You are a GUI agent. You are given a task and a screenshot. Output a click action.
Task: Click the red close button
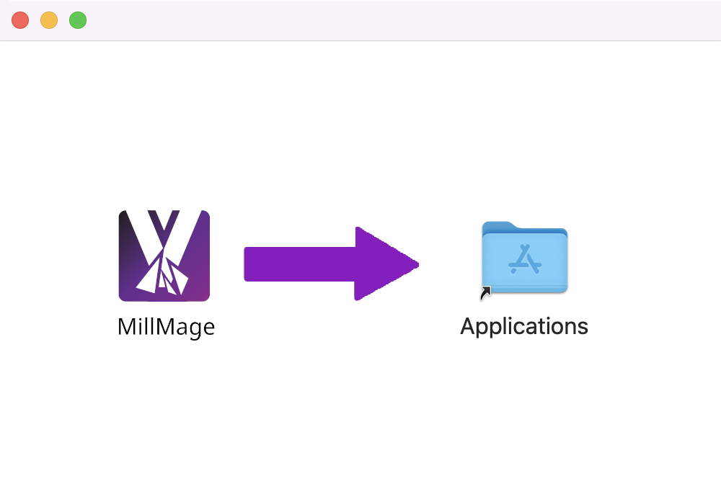(x=20, y=20)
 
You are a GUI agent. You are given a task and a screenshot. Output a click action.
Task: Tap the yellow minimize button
(x=49, y=20)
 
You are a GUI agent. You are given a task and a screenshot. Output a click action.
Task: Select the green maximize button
(x=78, y=20)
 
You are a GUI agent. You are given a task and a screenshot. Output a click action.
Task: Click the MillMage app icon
(x=164, y=256)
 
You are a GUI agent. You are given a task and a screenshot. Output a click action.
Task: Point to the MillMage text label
(x=166, y=328)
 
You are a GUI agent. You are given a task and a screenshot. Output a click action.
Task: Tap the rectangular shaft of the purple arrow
(x=299, y=264)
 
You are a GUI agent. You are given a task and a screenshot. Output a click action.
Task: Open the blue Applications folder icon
(x=525, y=257)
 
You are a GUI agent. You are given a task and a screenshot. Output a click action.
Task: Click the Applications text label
(x=524, y=327)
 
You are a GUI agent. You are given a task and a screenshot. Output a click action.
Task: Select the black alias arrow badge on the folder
(x=485, y=292)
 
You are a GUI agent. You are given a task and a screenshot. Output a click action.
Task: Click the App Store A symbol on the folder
(x=525, y=259)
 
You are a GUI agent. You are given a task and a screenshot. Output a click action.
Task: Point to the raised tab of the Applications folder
(x=498, y=225)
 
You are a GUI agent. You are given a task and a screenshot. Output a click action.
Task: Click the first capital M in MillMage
(x=128, y=327)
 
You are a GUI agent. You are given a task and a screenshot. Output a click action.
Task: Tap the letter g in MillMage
(x=194, y=330)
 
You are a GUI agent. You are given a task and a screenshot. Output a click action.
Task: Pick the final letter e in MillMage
(x=209, y=328)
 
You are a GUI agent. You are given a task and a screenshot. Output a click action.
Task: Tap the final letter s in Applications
(x=583, y=328)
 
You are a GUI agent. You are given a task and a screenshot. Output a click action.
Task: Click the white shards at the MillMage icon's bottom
(x=162, y=276)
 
